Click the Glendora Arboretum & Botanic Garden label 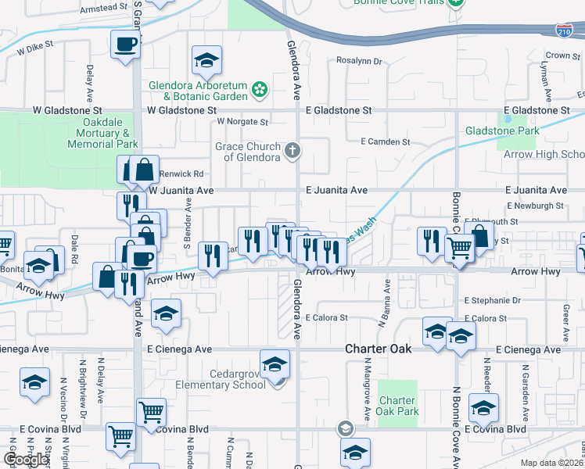point(199,91)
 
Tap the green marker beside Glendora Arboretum point(260,91)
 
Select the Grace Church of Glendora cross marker point(292,150)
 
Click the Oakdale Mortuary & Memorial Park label point(102,134)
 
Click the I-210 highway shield point(563,31)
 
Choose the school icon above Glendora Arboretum point(206,60)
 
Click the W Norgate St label point(242,122)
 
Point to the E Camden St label point(385,141)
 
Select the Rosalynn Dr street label point(358,60)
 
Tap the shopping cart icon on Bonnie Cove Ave point(459,249)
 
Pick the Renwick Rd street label point(181,174)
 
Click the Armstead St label point(104,7)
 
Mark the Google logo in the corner point(26,460)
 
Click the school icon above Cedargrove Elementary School point(275,364)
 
